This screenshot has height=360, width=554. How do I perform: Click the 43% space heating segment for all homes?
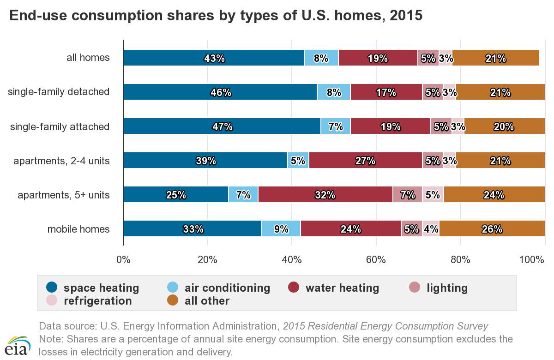tap(213, 58)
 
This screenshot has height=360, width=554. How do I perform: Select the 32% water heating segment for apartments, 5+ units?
tap(325, 195)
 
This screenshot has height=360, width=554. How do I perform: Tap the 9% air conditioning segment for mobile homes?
tap(281, 229)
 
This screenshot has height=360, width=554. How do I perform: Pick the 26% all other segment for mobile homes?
tap(492, 229)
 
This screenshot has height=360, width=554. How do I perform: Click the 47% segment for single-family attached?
tap(222, 126)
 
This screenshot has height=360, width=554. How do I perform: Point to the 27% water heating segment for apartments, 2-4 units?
tap(365, 161)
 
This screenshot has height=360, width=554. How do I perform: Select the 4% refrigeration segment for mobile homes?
tap(431, 229)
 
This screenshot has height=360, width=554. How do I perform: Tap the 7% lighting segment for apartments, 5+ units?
tap(407, 195)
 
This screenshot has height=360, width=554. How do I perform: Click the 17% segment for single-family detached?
tap(386, 92)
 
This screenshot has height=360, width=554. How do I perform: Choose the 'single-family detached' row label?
tap(59, 92)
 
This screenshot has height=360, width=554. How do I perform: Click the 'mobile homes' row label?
tap(78, 229)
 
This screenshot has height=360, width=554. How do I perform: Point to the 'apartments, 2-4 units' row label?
tap(61, 161)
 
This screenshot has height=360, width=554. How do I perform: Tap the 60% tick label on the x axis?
tap(376, 260)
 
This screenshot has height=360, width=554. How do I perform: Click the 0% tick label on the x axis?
tap(123, 260)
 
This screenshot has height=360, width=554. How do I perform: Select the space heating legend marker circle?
tap(52, 288)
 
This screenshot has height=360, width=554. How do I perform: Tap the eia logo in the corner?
tap(18, 345)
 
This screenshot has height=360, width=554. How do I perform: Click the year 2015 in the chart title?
tap(406, 16)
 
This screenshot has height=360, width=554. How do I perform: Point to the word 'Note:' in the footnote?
tap(51, 339)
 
